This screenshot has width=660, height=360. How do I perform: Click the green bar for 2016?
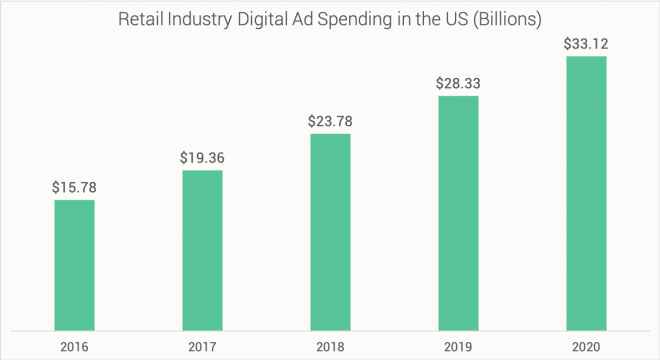pyautogui.click(x=74, y=264)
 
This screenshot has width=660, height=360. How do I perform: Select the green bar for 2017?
pyautogui.click(x=202, y=249)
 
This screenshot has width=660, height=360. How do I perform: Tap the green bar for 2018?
pyautogui.click(x=330, y=231)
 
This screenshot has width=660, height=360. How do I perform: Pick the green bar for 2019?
pyautogui.click(x=458, y=212)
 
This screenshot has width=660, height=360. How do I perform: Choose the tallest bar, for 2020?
pyautogui.click(x=586, y=192)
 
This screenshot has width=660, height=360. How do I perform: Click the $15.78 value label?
pyautogui.click(x=74, y=187)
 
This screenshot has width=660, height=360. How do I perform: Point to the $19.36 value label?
pyautogui.click(x=202, y=157)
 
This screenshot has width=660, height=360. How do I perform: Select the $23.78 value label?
pyautogui.click(x=330, y=121)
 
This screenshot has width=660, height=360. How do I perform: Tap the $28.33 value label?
pyautogui.click(x=458, y=83)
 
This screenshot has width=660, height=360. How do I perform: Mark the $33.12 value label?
pyautogui.click(x=586, y=43)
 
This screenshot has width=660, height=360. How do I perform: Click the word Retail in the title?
pyautogui.click(x=143, y=19)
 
